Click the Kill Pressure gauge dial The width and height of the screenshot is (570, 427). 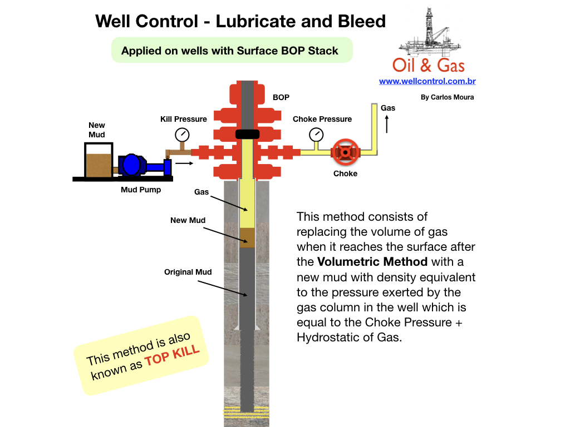[x=182, y=135]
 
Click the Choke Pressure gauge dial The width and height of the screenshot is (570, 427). [x=316, y=135]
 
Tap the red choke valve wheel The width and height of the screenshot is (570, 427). [x=346, y=152]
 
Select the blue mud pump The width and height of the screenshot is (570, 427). [x=134, y=165]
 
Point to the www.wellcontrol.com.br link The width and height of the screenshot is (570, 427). [x=427, y=81]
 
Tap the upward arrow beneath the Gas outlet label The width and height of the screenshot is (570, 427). [x=388, y=125]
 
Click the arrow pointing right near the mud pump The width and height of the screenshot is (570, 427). [x=184, y=163]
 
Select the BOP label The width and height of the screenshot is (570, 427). [x=281, y=97]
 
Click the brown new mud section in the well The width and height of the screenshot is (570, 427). [x=247, y=237]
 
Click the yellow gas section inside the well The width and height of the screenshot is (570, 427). [x=247, y=206]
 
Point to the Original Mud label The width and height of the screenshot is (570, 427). [x=188, y=272]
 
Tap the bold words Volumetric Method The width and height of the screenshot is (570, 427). [x=372, y=261]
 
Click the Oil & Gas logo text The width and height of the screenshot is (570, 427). [x=428, y=65]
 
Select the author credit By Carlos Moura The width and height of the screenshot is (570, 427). [x=447, y=97]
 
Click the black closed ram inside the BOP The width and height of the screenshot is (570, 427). [x=247, y=134]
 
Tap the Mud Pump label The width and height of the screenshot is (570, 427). [x=141, y=190]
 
